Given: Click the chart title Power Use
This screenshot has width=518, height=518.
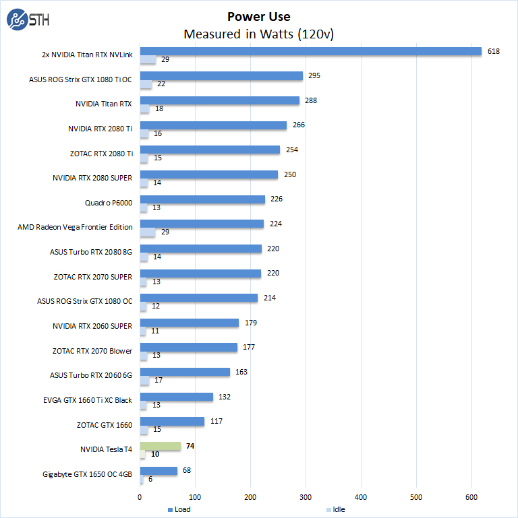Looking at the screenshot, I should pos(259,16).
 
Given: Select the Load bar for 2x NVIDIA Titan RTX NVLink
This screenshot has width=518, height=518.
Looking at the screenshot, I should pos(310,51).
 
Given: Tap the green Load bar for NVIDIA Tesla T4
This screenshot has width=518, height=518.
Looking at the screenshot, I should pos(161,446).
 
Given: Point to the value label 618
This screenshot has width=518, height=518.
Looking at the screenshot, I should pos(494,51).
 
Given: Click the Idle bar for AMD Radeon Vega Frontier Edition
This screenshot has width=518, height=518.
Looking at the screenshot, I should pos(148,232).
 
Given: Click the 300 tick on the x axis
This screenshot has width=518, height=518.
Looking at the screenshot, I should pos(306,497).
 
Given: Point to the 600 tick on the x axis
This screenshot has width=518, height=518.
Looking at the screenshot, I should pos(471,497).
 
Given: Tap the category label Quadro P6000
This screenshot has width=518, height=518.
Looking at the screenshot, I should pos(109,203).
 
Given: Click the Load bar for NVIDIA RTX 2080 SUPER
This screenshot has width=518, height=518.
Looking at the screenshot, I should pos(209,174).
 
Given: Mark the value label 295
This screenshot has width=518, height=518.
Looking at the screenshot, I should pos(314,76).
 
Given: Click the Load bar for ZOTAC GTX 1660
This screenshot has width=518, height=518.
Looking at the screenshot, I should pos(172,421).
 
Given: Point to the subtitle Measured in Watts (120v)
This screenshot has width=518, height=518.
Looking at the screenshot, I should pos(259,34).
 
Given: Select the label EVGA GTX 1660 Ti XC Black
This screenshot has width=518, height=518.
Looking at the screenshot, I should pos(88,400).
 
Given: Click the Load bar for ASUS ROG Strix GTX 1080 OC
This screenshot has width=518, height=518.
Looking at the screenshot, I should pos(199,298).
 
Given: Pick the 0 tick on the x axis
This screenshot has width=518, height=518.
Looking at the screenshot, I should pos(140,497).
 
